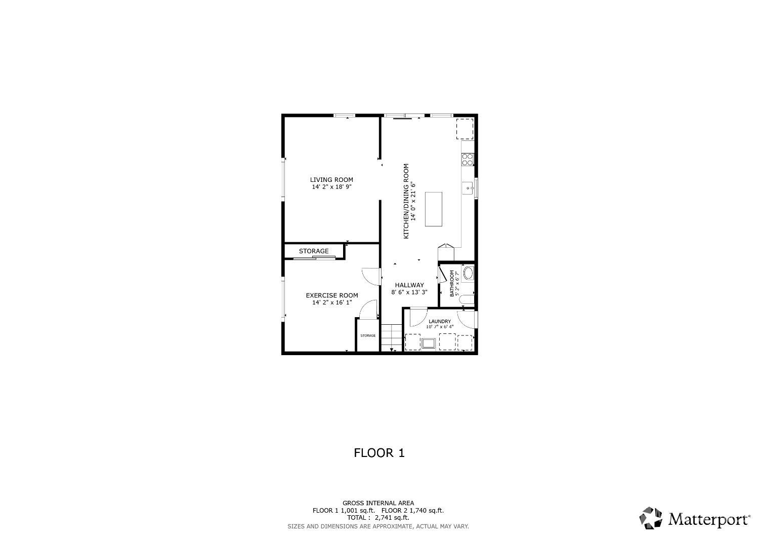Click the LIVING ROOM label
point(331,180)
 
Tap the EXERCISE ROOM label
point(332,295)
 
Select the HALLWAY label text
point(409,285)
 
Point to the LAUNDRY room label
point(440,322)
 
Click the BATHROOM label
point(452,284)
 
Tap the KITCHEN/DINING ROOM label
point(406,201)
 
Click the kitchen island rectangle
point(434,209)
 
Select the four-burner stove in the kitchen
point(468,160)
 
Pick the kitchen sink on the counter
point(468,187)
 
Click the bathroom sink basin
point(468,274)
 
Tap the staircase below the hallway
point(392,338)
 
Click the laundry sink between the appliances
point(428,343)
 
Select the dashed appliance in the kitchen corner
point(465,129)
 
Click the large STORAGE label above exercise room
point(314,251)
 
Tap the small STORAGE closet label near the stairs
point(368,335)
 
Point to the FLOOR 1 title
point(379,453)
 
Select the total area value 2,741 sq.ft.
point(392,518)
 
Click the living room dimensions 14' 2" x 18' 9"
point(332,187)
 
